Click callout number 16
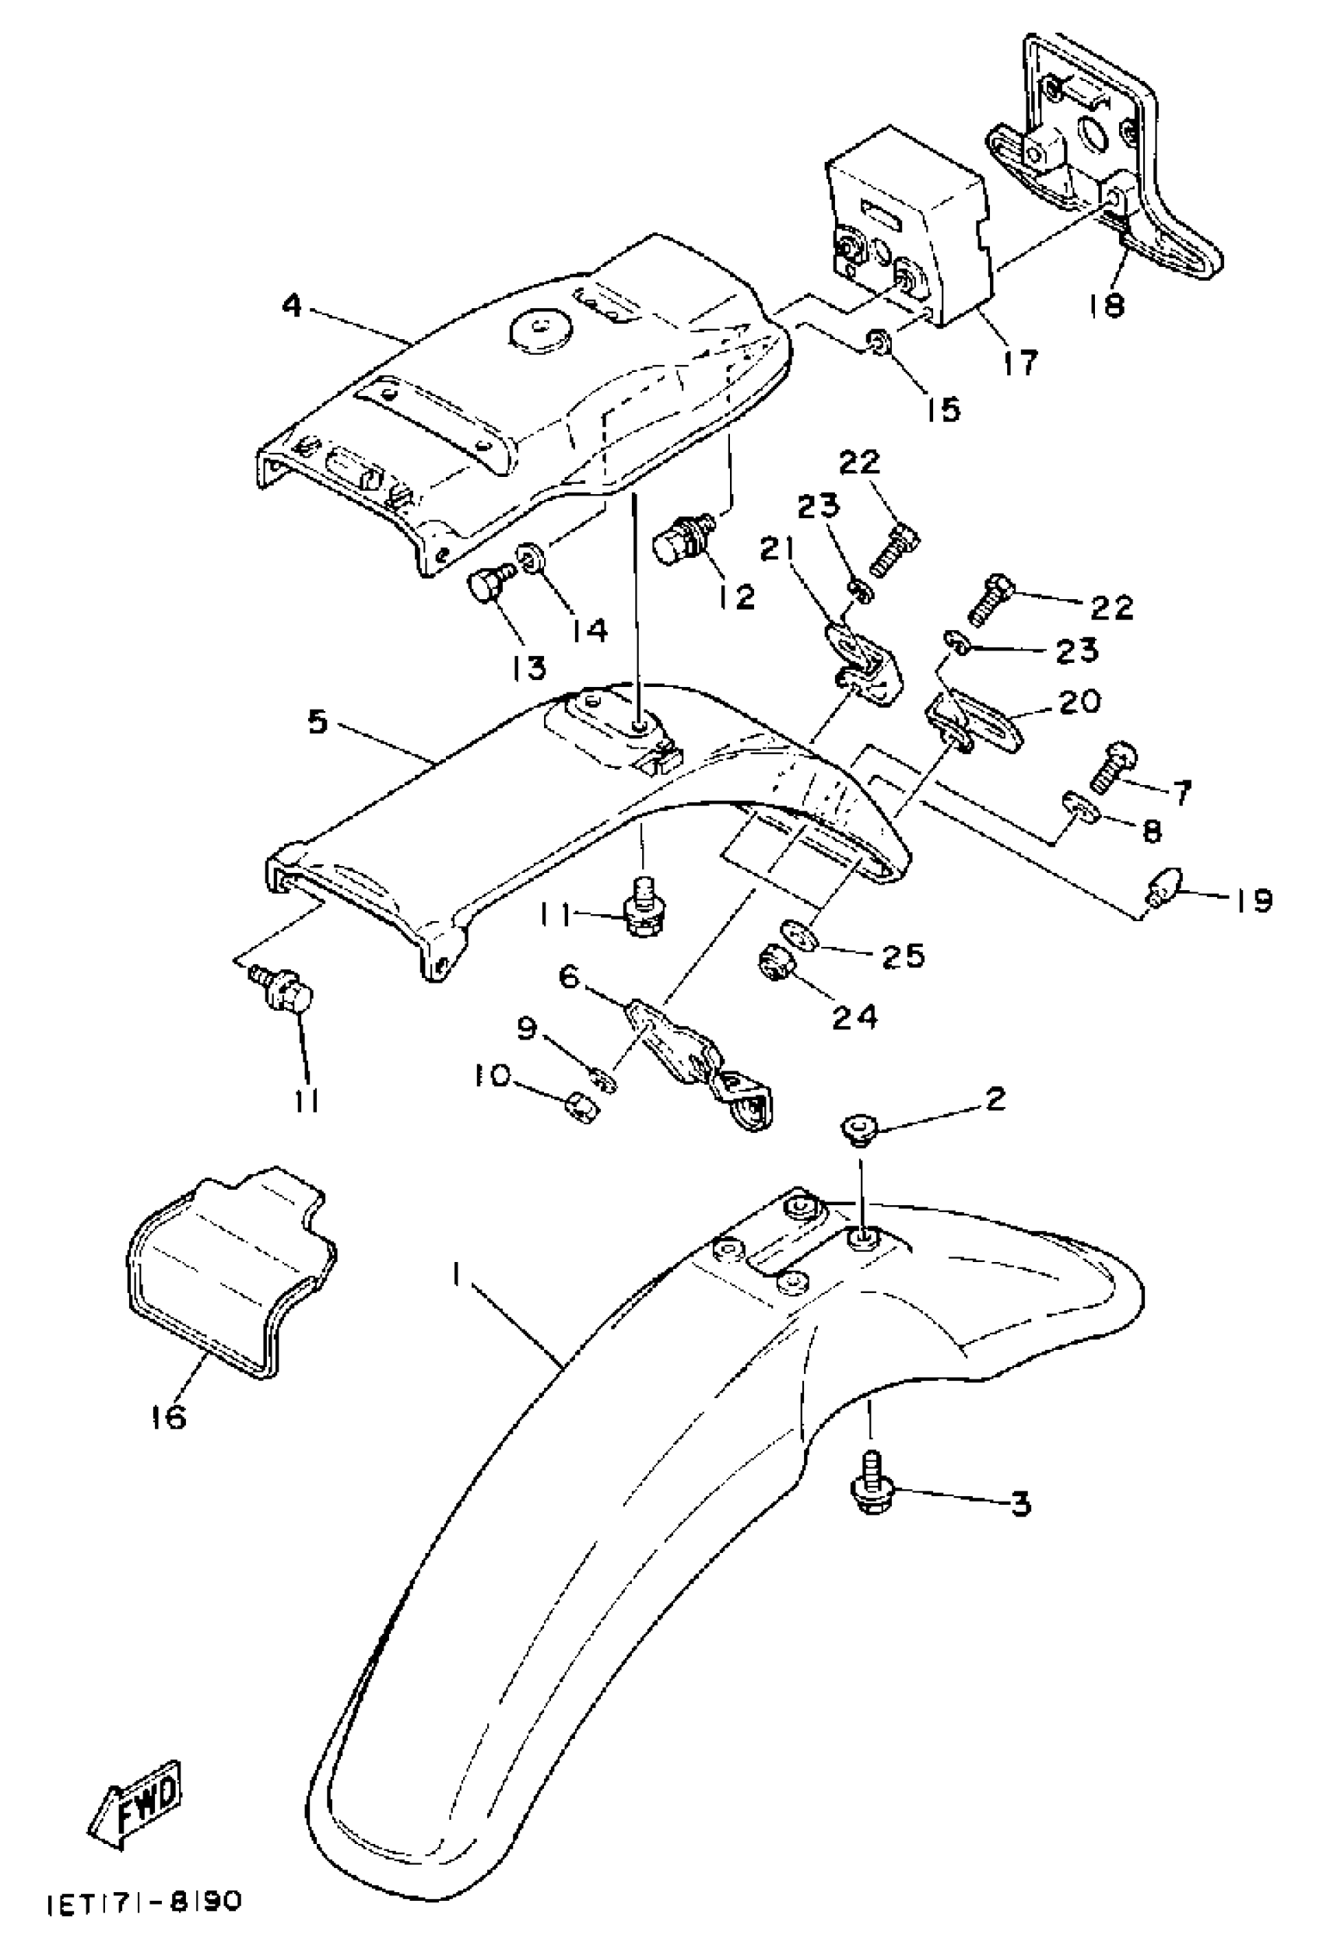pyautogui.click(x=169, y=1417)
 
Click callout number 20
pyautogui.click(x=1079, y=701)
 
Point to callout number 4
pyautogui.click(x=290, y=306)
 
